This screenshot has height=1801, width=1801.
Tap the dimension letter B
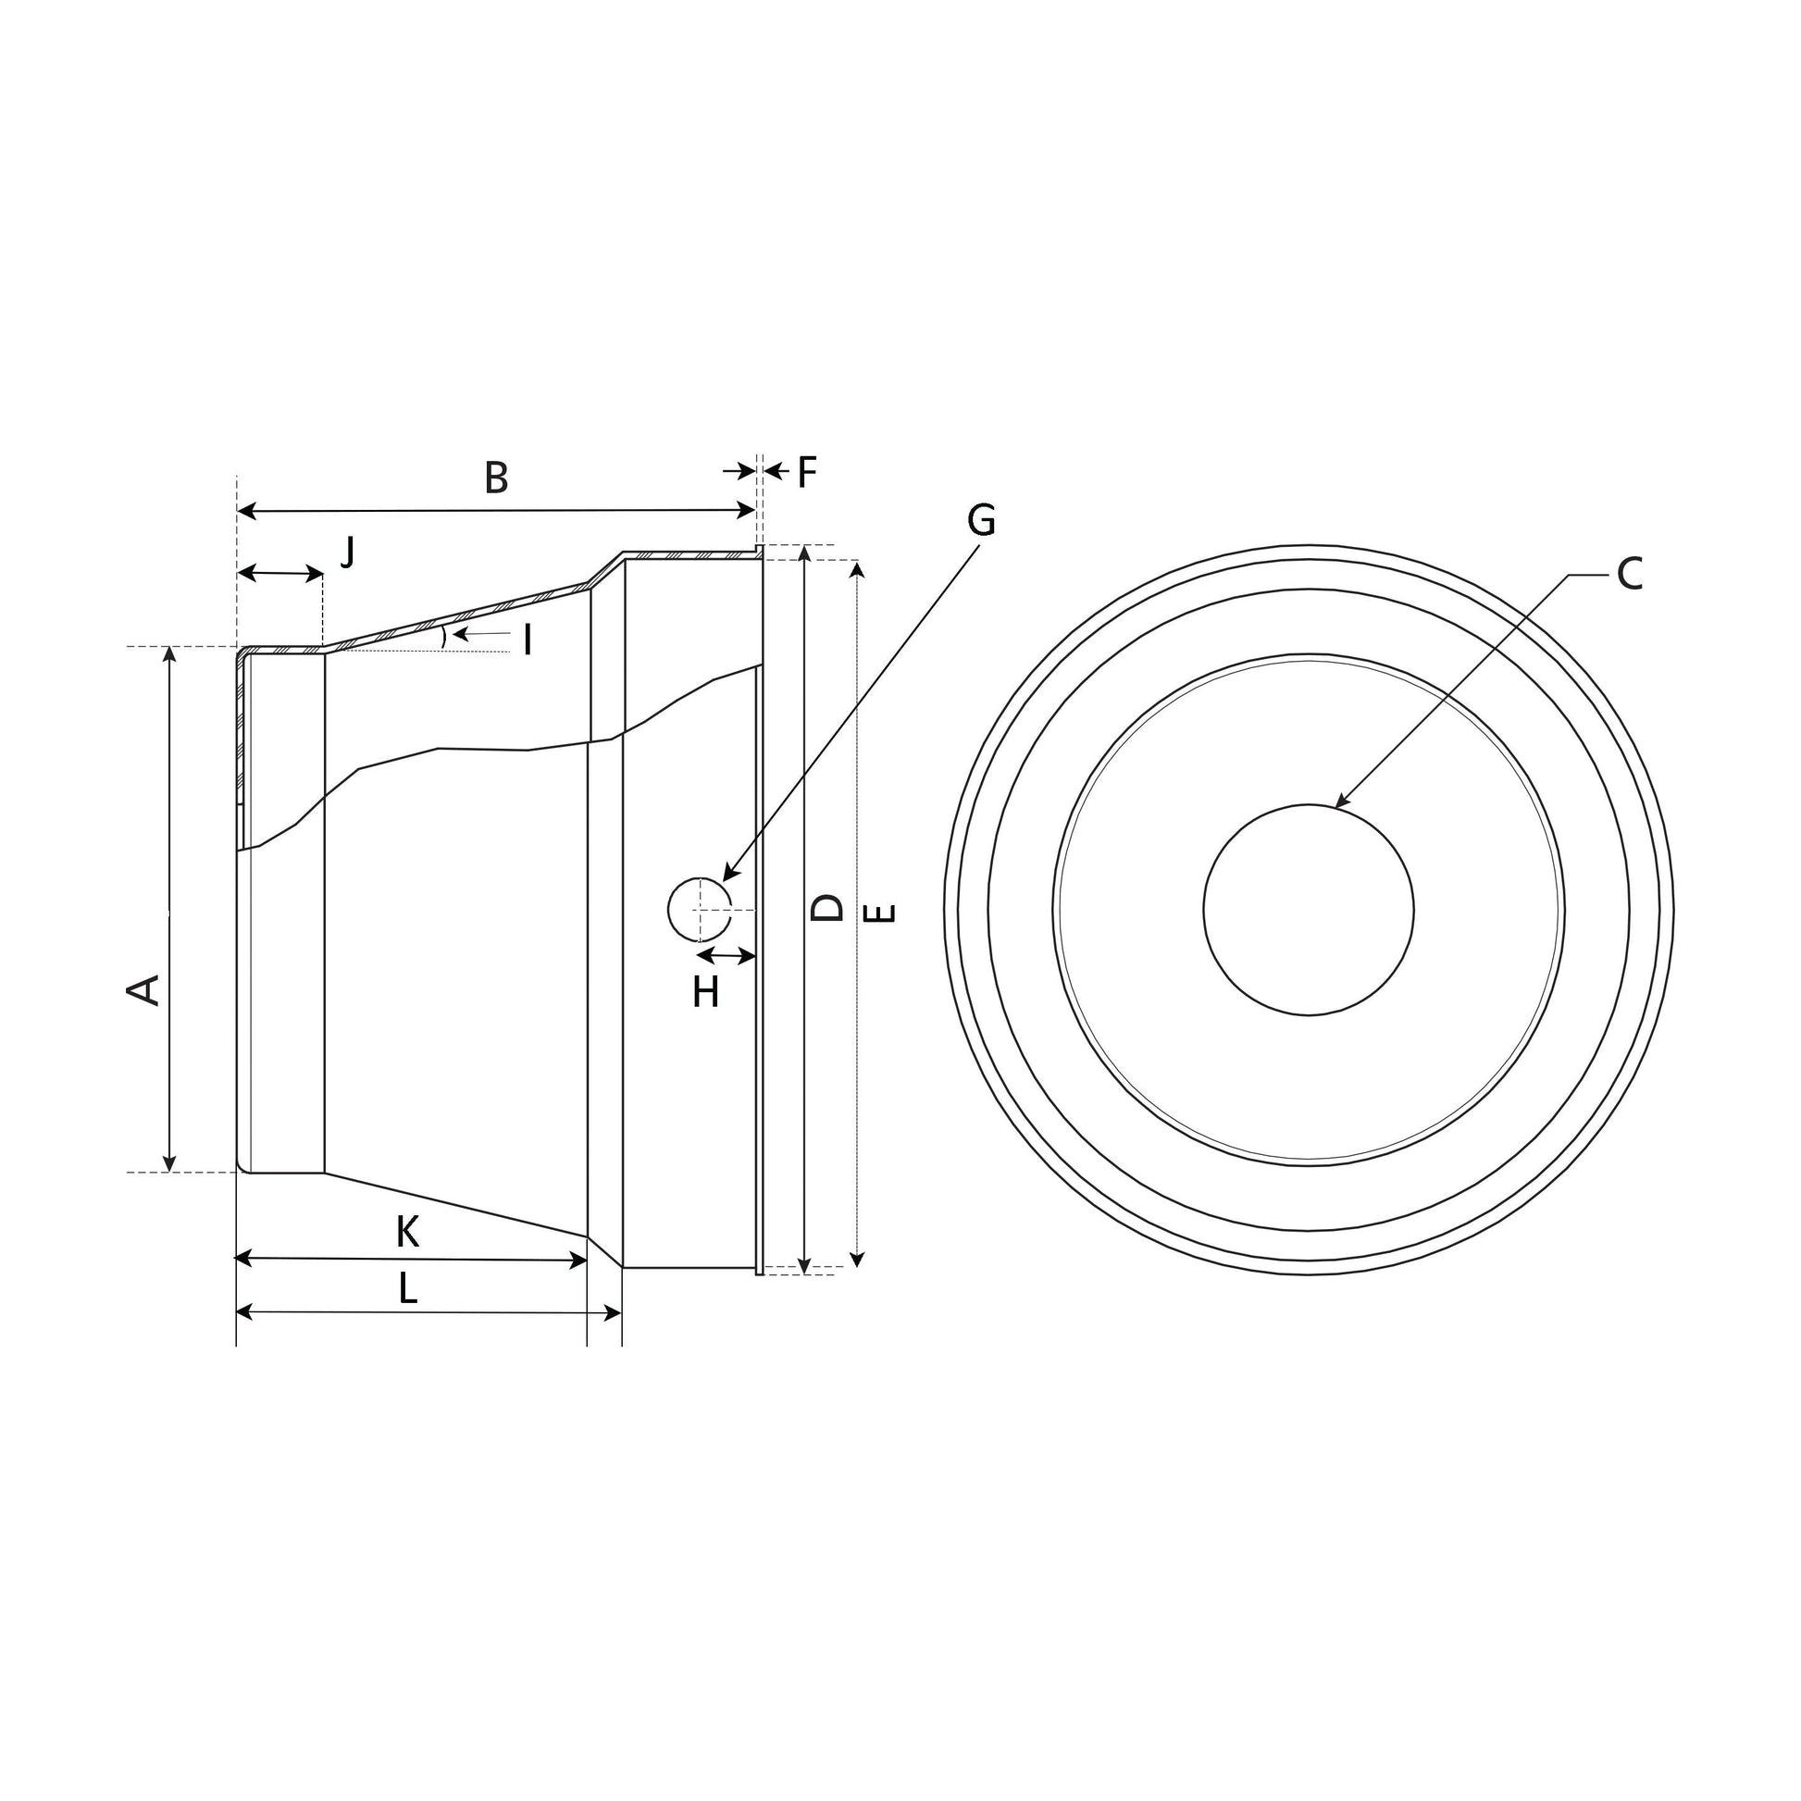click(x=496, y=478)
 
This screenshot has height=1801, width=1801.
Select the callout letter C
click(x=1630, y=574)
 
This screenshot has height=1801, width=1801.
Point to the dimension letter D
click(x=826, y=907)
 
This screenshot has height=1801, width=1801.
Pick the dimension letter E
click(x=880, y=913)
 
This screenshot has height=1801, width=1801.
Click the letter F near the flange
click(x=806, y=473)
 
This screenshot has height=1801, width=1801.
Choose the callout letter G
click(x=982, y=520)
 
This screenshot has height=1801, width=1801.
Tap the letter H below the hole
click(x=705, y=994)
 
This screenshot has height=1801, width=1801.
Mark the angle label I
click(x=528, y=640)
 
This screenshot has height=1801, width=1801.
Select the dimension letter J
click(x=348, y=553)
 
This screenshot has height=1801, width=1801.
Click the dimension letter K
click(x=407, y=1233)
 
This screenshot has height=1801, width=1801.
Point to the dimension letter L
click(x=407, y=1289)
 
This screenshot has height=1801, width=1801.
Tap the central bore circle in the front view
click(x=1308, y=910)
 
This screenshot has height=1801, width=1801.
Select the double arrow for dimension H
click(x=727, y=955)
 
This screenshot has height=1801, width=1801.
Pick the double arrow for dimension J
click(x=280, y=573)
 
